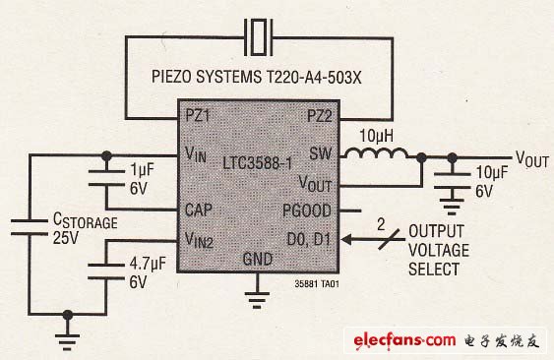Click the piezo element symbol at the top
click(x=259, y=37)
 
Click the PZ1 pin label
click(x=198, y=115)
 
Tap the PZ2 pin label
click(x=320, y=116)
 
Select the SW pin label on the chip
click(x=321, y=153)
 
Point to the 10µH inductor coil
click(x=376, y=153)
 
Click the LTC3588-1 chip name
click(x=258, y=163)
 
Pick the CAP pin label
click(x=199, y=210)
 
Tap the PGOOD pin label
click(x=307, y=210)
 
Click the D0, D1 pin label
click(x=308, y=239)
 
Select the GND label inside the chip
click(x=258, y=260)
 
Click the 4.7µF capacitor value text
click(x=148, y=264)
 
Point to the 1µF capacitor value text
click(x=142, y=170)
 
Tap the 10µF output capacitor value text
click(x=491, y=172)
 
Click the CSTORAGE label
click(x=86, y=220)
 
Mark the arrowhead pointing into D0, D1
click(x=347, y=240)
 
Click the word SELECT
click(x=434, y=270)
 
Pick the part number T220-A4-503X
click(x=313, y=77)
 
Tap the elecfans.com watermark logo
click(x=404, y=340)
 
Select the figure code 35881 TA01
click(x=317, y=283)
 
